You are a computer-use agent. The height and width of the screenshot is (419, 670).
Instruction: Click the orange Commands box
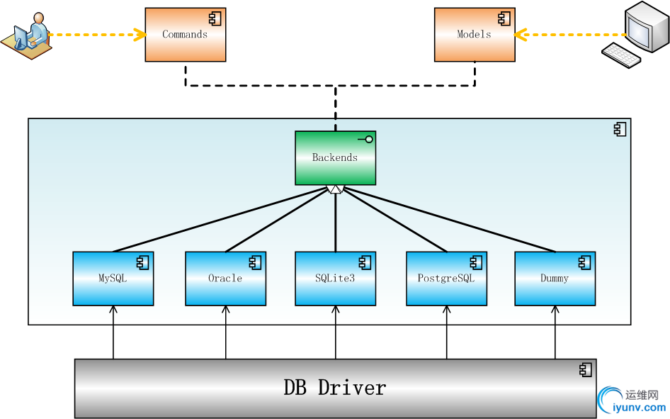[x=185, y=34]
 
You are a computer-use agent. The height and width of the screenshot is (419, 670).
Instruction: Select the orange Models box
[x=473, y=34]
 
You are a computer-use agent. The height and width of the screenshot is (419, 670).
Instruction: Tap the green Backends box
[x=335, y=157]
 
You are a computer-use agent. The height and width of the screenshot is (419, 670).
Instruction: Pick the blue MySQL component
[x=113, y=278]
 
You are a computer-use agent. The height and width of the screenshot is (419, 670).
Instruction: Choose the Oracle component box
[x=225, y=278]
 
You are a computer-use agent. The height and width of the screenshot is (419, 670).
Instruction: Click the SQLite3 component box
[x=335, y=278]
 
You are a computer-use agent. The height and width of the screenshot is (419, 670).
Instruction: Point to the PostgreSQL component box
[x=446, y=278]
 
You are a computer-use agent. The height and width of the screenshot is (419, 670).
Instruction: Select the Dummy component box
[x=555, y=278]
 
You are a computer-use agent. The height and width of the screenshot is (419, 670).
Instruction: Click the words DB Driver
[x=335, y=388]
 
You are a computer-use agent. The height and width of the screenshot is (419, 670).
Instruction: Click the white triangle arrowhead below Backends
[x=336, y=189]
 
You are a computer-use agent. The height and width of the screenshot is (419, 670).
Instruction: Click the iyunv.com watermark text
[x=637, y=408]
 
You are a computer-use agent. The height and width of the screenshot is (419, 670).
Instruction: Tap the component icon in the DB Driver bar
[x=585, y=369]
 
